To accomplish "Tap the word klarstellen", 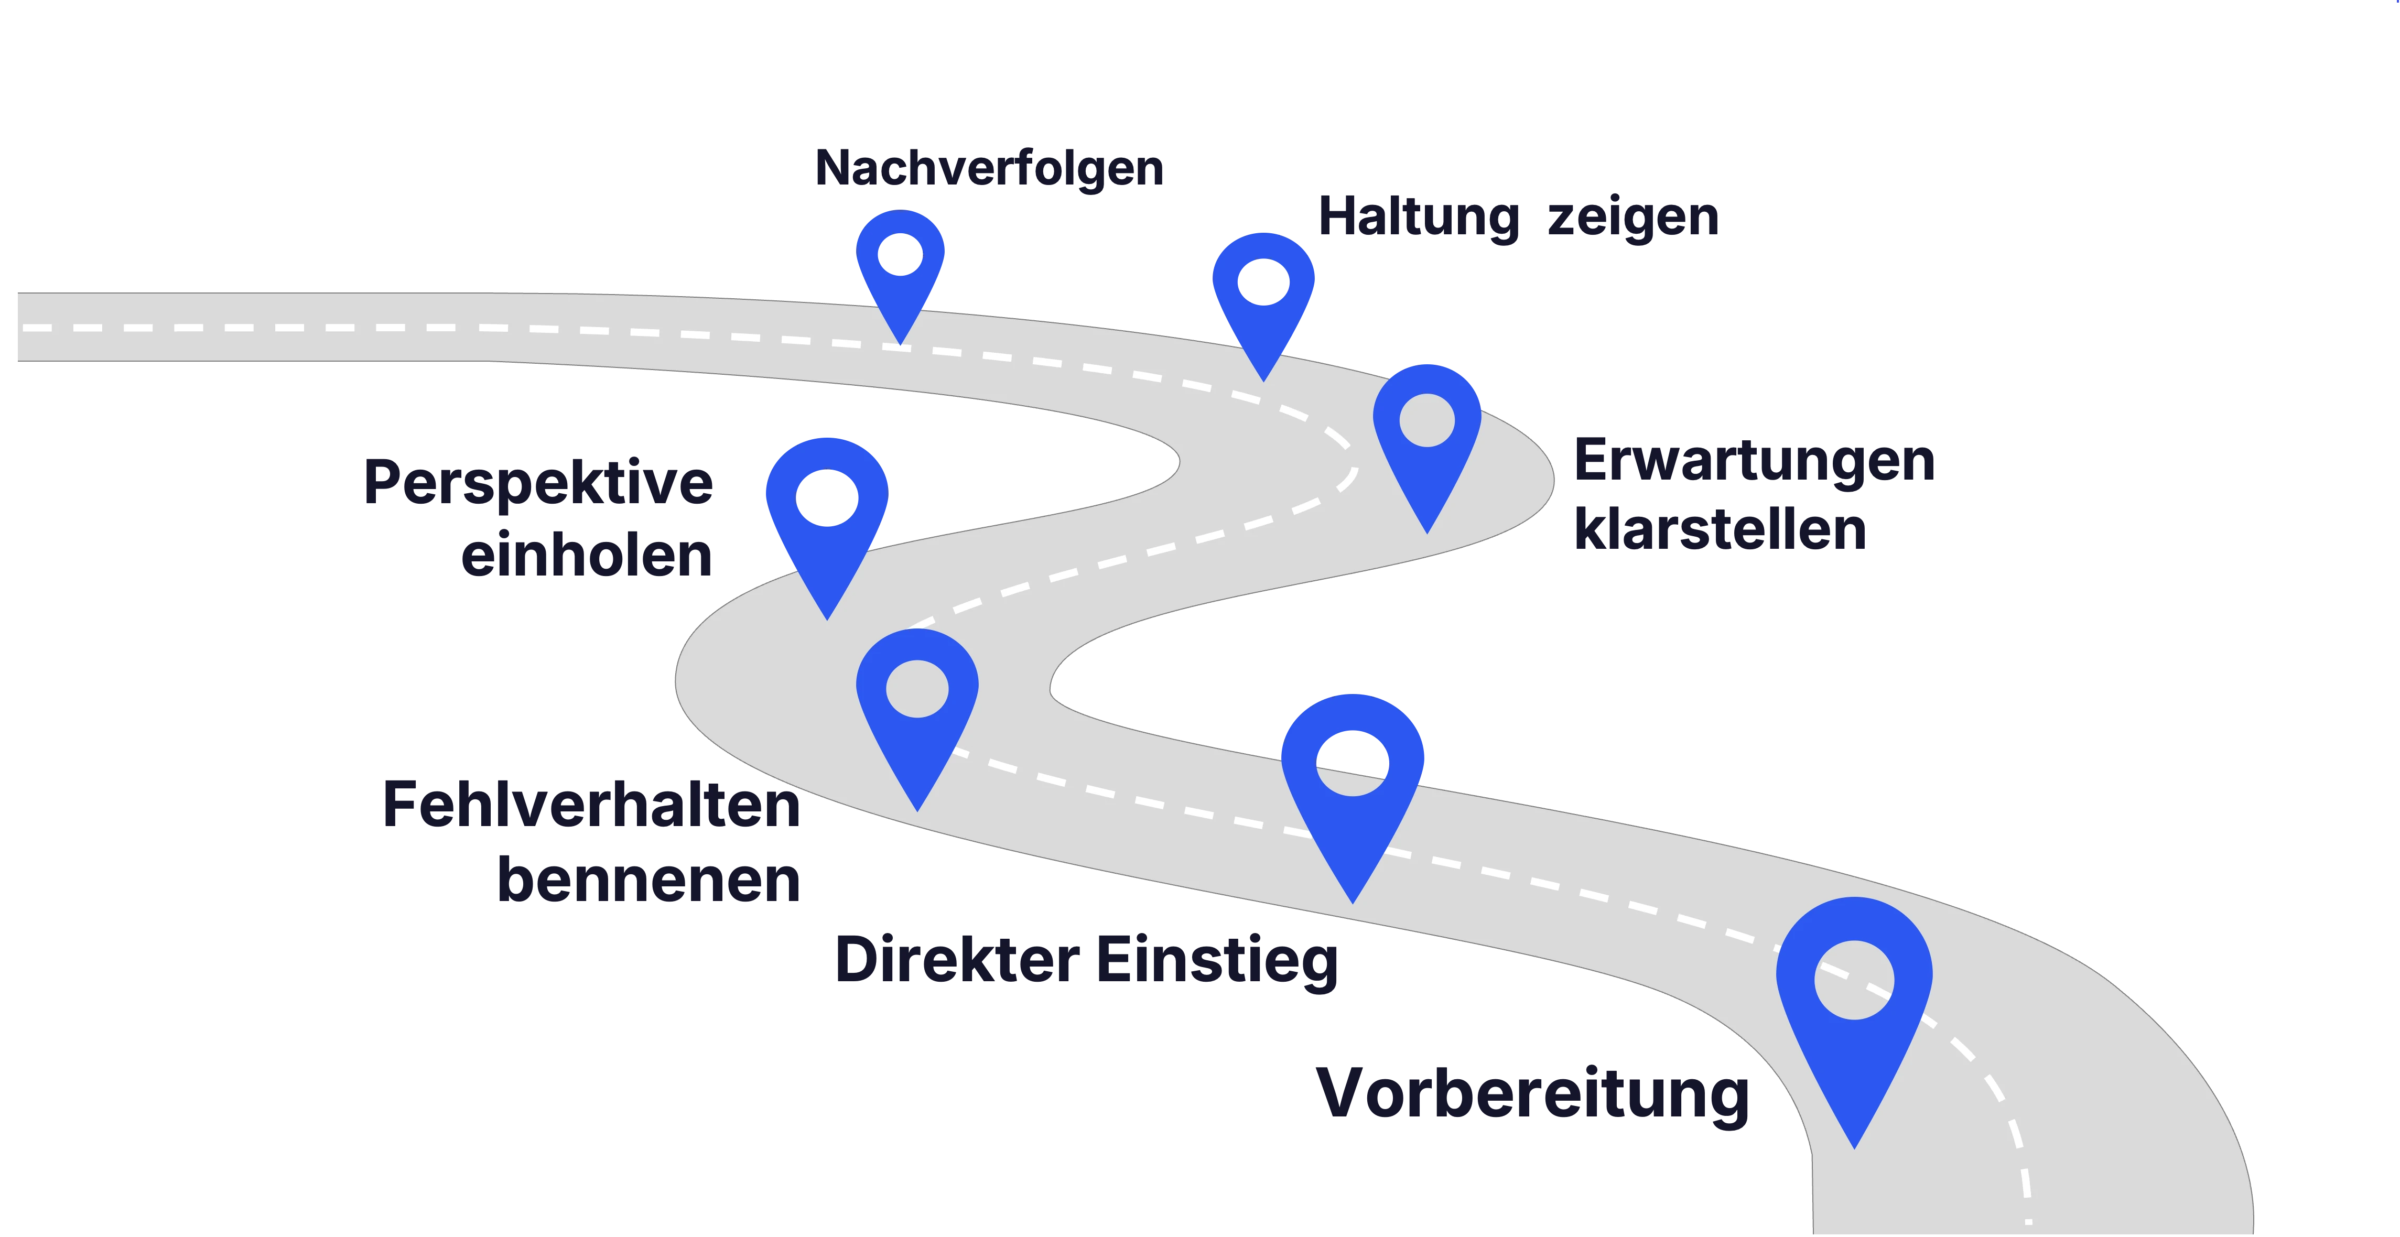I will (1720, 529).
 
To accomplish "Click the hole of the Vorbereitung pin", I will (1854, 980).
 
